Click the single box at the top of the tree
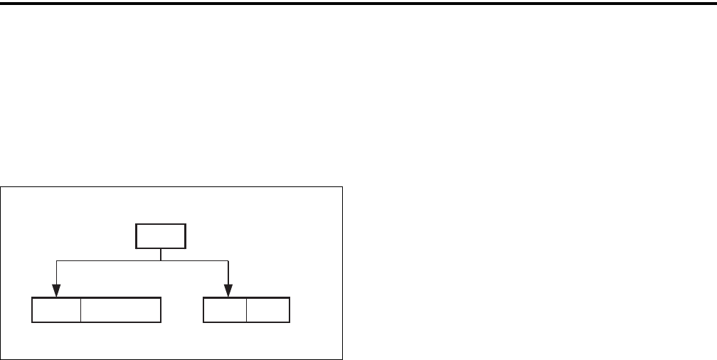pos(161,237)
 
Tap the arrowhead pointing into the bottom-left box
pos(56,291)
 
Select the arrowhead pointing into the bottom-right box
pos(228,291)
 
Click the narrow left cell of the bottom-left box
pos(56,312)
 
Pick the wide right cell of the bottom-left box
pos(121,312)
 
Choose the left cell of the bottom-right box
pos(225,312)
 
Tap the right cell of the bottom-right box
pos(268,312)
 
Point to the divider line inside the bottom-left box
pos(80,312)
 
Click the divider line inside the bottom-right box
pos(247,312)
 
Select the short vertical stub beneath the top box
pos(161,255)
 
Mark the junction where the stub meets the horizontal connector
pos(161,260)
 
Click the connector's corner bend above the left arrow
pos(56,260)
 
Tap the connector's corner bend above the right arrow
pos(228,260)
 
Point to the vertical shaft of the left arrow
pos(56,273)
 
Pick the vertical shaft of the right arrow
pos(228,273)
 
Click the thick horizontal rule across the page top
pos(358,3)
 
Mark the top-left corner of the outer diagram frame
pos(1,187)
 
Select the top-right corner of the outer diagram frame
pos(343,187)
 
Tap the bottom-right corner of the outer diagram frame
pos(343,359)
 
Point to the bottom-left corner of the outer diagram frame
pos(1,359)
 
